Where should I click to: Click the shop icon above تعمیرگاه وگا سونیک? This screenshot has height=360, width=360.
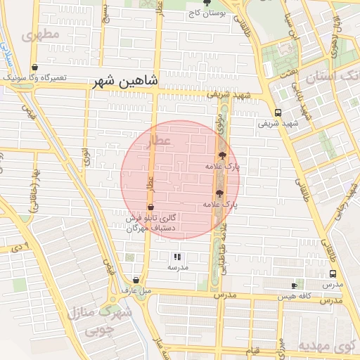pos(34,67)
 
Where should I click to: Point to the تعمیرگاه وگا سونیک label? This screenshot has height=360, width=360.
pos(34,77)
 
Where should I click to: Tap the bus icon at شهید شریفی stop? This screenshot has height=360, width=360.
pos(278,112)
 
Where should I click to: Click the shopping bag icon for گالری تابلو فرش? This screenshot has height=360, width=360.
pos(151,207)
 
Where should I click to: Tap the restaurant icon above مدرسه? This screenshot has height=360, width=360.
pos(177,257)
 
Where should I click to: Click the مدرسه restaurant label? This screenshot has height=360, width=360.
pos(177,268)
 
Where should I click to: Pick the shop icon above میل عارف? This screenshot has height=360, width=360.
pos(136,280)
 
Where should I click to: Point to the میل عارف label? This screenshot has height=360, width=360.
pos(136,290)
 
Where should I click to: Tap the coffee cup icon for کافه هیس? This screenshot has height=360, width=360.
pos(295,285)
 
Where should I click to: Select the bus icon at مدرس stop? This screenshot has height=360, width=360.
pos(333,274)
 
